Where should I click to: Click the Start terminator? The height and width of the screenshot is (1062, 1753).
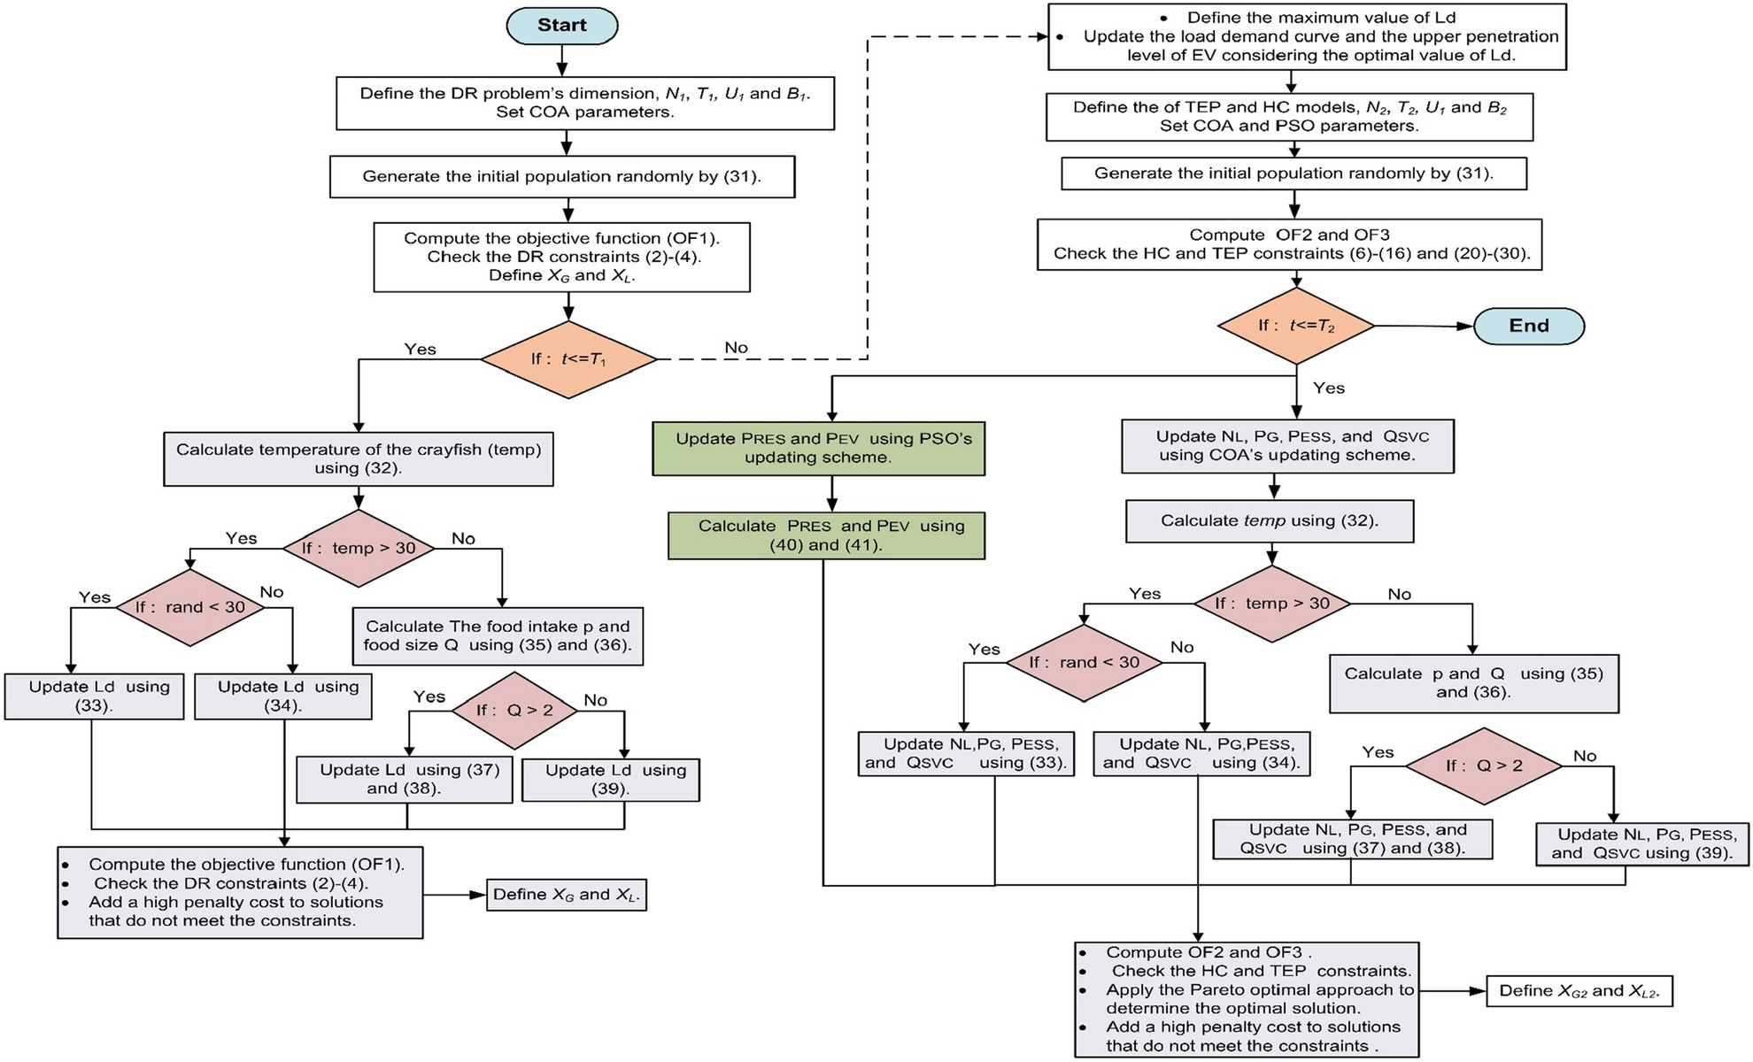point(561,26)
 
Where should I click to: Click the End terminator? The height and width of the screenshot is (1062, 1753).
point(1528,326)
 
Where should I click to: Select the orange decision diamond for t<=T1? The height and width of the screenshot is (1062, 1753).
point(568,358)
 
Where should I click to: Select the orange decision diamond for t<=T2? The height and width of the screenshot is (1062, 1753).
point(1295,326)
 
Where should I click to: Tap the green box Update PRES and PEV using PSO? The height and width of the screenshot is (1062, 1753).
point(818,449)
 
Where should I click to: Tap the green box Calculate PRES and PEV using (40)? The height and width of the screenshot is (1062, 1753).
point(825,535)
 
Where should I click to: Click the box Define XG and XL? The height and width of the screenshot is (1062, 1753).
point(566,895)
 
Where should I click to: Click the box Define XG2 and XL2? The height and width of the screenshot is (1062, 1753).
point(1579,991)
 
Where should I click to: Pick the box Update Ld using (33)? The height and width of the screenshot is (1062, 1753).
point(94,696)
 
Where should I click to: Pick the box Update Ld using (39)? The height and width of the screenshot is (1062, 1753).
point(610,780)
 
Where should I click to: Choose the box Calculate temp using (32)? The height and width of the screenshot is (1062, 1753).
point(1269,521)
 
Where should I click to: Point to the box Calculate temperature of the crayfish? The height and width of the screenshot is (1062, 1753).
point(358,458)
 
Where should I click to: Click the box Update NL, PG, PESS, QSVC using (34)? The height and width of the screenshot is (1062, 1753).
point(1201,754)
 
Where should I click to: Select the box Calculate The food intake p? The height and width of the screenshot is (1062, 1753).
point(498,635)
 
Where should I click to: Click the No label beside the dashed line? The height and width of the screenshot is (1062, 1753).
point(736,348)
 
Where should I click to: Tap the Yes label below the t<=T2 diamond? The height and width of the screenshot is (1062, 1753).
point(1328,388)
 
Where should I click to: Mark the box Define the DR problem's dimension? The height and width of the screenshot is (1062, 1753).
point(584,104)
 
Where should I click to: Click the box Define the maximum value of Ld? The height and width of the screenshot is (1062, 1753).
point(1307,36)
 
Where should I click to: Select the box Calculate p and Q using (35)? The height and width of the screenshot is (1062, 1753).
point(1473,683)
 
